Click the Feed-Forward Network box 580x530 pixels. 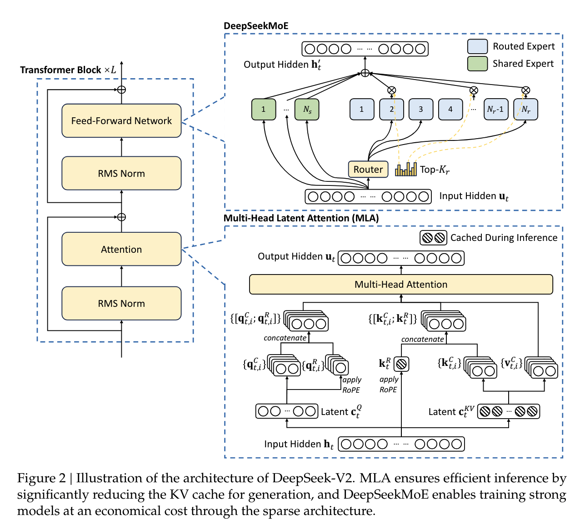[121, 120]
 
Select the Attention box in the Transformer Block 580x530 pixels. [121, 249]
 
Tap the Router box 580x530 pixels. [368, 170]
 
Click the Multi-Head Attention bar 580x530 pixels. [401, 285]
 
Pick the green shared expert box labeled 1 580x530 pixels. [264, 110]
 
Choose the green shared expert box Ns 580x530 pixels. [307, 110]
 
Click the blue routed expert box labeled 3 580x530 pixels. [420, 110]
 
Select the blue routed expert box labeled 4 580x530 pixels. [450, 110]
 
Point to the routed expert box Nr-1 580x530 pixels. [495, 110]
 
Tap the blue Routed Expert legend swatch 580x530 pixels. [477, 46]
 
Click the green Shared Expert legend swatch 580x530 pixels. [477, 64]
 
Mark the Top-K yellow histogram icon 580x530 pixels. [406, 169]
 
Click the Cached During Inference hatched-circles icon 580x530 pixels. [433, 238]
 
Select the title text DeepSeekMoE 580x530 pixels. [256, 26]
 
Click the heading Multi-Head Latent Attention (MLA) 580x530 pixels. [301, 218]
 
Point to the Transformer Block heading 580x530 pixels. [68, 70]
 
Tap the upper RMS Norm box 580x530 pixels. [121, 173]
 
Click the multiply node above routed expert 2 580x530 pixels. [391, 90]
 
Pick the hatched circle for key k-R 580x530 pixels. [401, 364]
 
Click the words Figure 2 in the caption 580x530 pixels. [41, 478]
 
